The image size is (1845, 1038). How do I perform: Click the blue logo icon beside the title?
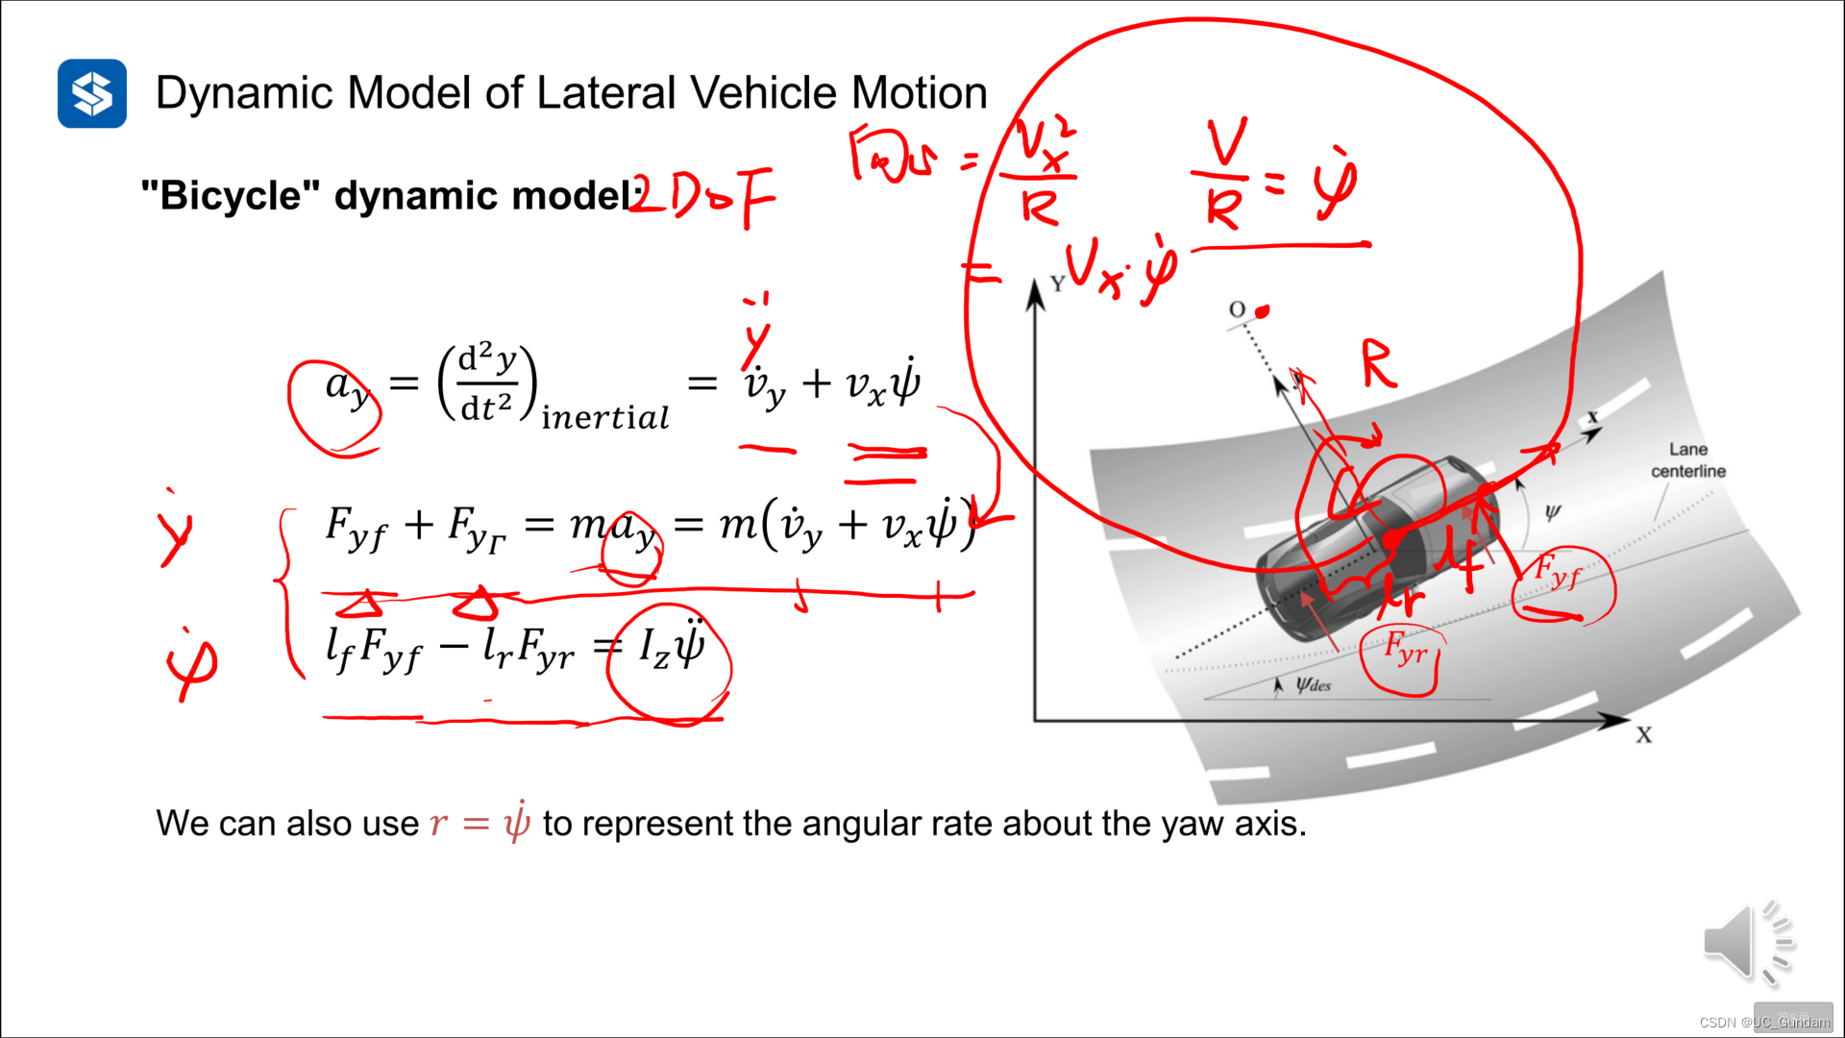click(x=92, y=93)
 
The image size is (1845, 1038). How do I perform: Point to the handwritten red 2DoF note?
click(x=701, y=196)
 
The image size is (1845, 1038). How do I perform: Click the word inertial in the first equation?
click(x=604, y=418)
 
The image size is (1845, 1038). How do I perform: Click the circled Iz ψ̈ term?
click(x=671, y=648)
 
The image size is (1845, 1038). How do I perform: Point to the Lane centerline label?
click(x=1687, y=460)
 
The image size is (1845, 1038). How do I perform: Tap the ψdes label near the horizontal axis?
click(x=1313, y=685)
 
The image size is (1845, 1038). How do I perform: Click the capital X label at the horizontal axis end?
click(x=1644, y=735)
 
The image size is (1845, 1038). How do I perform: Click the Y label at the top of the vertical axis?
click(x=1057, y=284)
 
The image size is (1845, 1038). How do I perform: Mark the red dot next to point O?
click(x=1263, y=310)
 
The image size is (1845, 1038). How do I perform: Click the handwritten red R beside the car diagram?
click(x=1379, y=365)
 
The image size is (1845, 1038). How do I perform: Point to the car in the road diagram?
click(x=1374, y=543)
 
